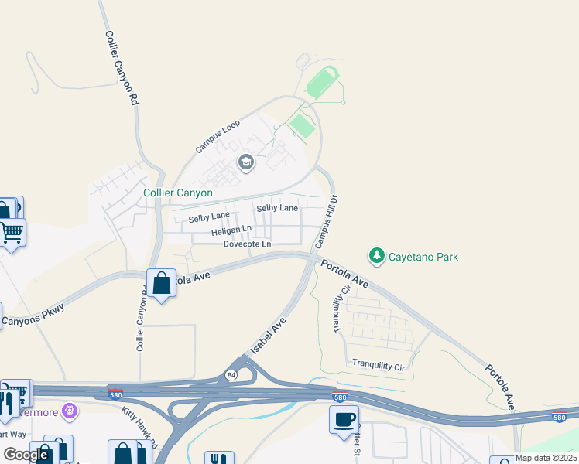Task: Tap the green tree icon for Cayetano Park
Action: (x=376, y=255)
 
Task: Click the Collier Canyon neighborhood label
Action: (x=178, y=193)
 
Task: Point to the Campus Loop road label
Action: (x=218, y=135)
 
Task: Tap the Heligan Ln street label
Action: (x=231, y=230)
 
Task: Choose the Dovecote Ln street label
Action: (x=247, y=244)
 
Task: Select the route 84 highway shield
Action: (x=231, y=374)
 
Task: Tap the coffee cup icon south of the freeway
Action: (x=344, y=420)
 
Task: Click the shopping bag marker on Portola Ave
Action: (x=162, y=284)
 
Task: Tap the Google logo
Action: (x=26, y=455)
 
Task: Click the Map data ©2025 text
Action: (x=545, y=458)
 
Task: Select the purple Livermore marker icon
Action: (x=71, y=410)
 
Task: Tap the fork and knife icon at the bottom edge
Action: (x=214, y=459)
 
